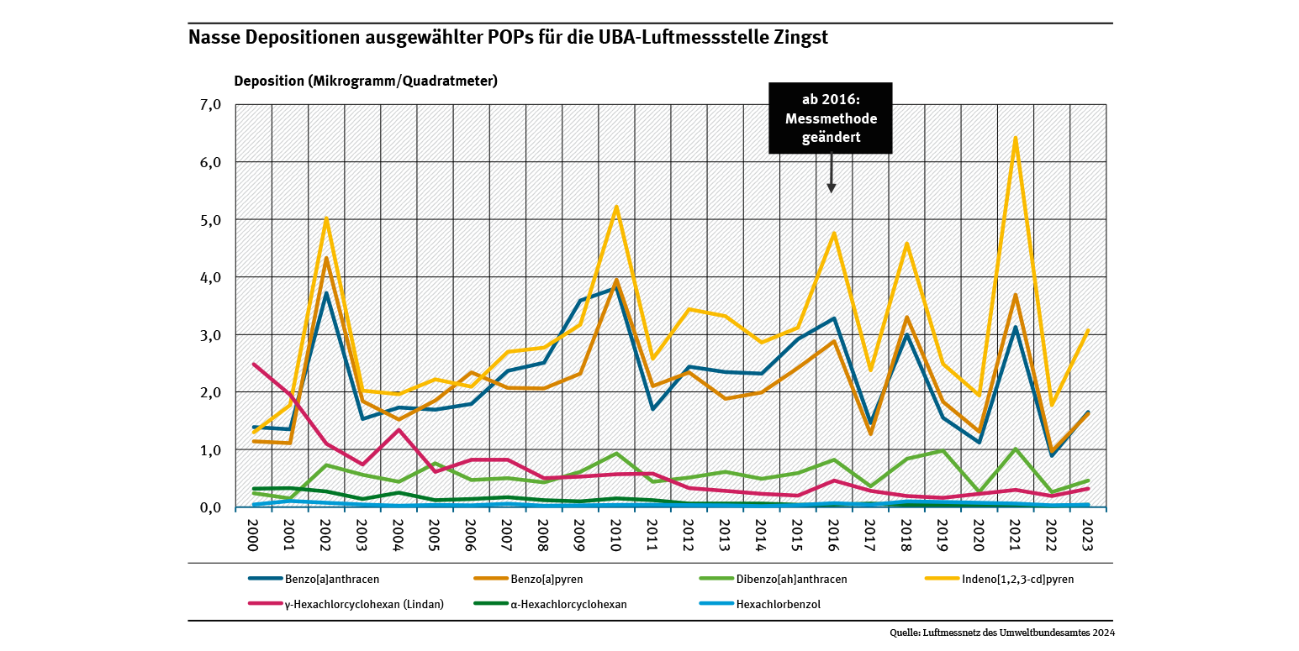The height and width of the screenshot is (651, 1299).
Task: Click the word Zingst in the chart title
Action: pos(800,38)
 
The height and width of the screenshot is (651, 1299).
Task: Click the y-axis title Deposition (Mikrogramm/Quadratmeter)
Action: pos(366,81)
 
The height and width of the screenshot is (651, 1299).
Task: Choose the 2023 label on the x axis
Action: pos(1088,533)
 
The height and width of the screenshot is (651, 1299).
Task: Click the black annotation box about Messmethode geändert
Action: pos(830,118)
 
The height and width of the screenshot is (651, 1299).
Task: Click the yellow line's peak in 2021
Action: pos(1016,138)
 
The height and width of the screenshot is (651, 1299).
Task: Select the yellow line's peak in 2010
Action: pos(616,207)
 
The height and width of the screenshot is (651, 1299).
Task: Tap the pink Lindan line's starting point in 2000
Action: pos(254,365)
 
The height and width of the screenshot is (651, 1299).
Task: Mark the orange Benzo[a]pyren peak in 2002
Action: pos(326,258)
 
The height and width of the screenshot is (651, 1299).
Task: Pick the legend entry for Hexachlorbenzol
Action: pos(768,603)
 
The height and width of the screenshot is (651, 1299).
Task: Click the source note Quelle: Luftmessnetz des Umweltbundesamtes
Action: pos(1002,633)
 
